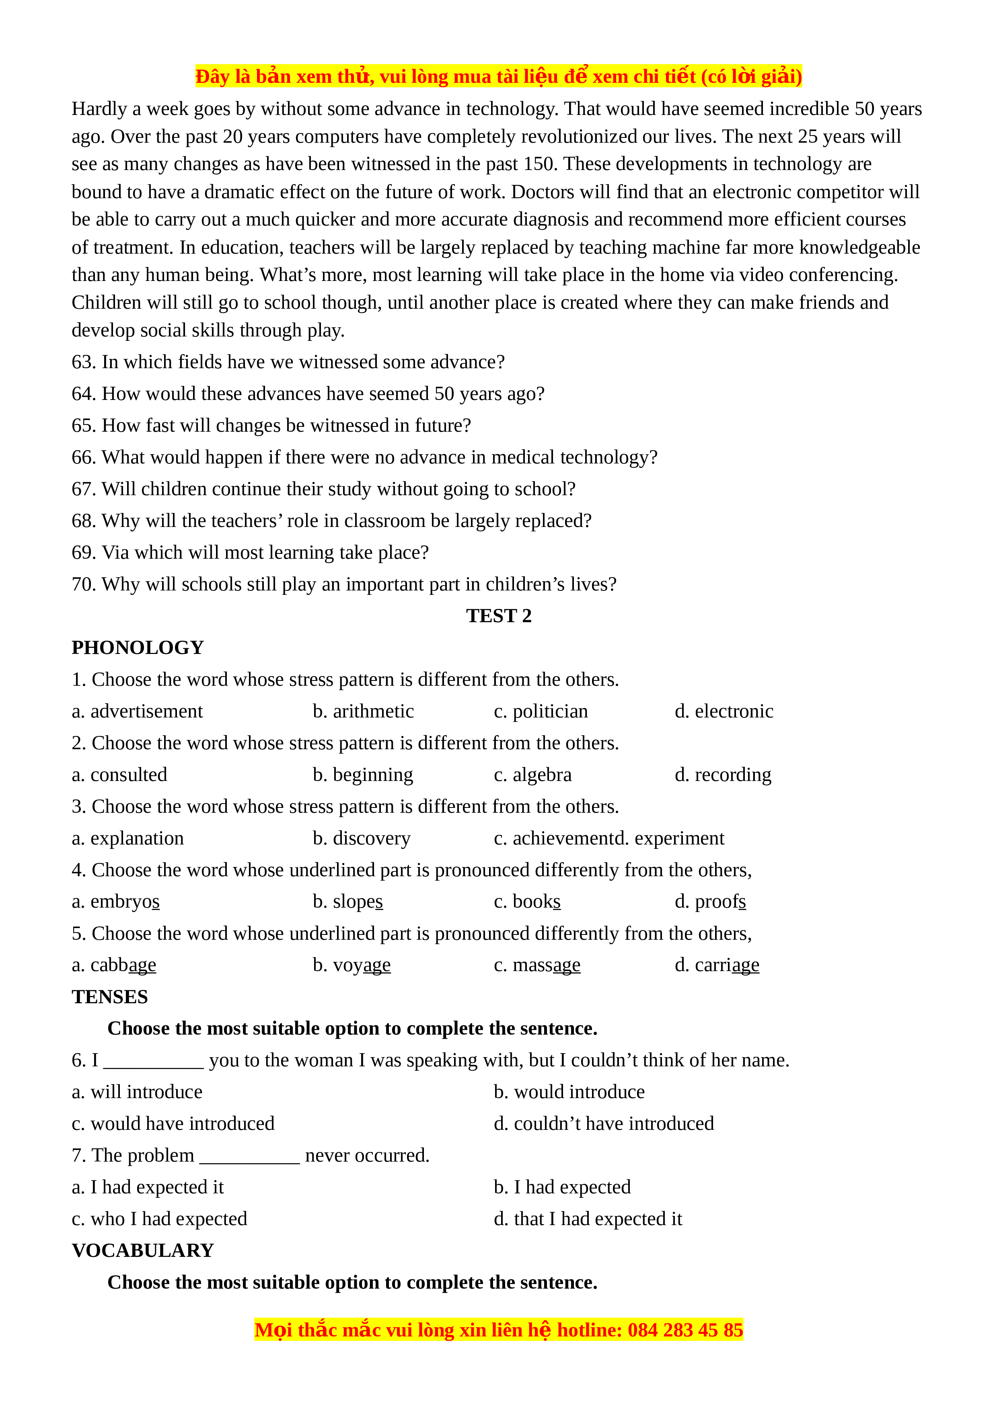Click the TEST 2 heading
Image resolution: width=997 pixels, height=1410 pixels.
click(x=498, y=616)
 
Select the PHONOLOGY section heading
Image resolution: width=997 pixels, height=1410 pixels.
click(x=138, y=648)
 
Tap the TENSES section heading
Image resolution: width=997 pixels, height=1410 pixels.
click(x=110, y=997)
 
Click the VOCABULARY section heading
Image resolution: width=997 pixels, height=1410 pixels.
click(x=142, y=1250)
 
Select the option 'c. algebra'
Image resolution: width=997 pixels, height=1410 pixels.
click(x=532, y=775)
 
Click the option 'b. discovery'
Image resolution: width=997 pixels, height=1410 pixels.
click(x=361, y=838)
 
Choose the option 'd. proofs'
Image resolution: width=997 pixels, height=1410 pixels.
click(x=710, y=902)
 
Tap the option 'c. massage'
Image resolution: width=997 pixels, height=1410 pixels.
click(x=537, y=965)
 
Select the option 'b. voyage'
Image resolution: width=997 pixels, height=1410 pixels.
click(x=352, y=965)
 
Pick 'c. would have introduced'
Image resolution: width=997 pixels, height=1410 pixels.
click(x=173, y=1124)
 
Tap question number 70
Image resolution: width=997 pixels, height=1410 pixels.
click(x=84, y=584)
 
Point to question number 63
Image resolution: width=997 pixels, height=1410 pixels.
click(x=84, y=362)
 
